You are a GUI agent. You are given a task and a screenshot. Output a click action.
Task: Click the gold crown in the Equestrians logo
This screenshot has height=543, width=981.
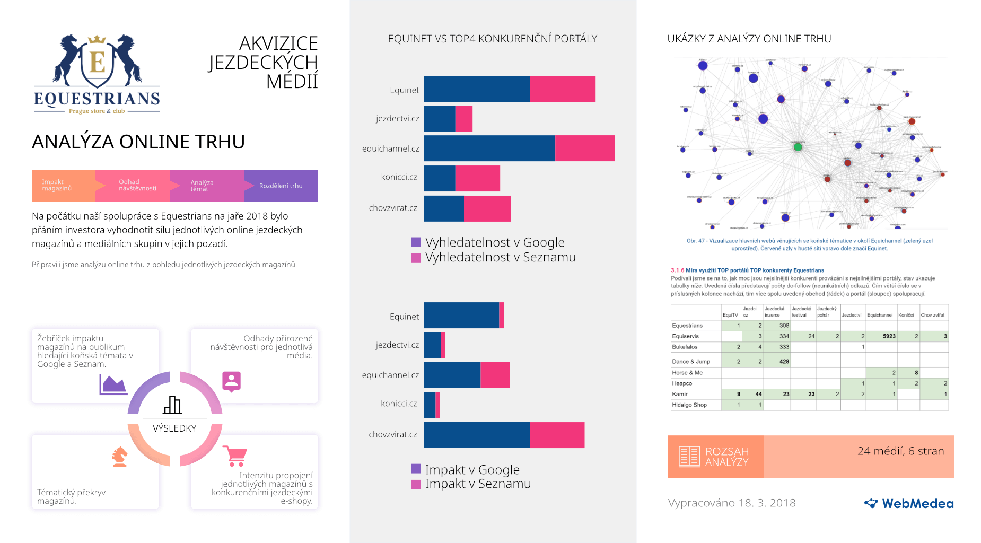pos(97,40)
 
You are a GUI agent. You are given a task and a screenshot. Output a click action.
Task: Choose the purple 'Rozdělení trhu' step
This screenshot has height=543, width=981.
pos(281,186)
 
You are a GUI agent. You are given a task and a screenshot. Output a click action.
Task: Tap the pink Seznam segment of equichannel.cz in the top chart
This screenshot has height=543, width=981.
pos(585,148)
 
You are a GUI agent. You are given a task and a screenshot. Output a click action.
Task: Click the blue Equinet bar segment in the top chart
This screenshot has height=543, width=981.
pos(477,89)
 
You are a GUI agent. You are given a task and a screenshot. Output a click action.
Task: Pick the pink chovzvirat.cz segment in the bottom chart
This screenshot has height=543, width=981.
pos(557,435)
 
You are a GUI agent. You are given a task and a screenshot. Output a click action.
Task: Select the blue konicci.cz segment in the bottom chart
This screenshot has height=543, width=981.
pos(430,405)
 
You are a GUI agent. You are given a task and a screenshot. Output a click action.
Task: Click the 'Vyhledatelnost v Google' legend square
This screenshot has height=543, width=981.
pos(416,242)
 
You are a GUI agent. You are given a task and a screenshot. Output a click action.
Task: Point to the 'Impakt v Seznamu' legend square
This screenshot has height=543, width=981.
pos(416,484)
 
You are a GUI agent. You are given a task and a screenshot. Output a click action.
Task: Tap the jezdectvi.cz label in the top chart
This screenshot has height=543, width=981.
pos(397,119)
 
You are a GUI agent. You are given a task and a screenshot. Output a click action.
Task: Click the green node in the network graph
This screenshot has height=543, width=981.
pos(798,147)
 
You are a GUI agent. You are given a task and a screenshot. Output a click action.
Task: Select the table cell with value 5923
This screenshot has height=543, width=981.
pos(889,336)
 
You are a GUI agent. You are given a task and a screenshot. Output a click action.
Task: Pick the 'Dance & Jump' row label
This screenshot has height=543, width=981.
pos(690,362)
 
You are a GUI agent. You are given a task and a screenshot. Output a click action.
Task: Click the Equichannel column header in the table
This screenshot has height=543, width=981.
pos(880,315)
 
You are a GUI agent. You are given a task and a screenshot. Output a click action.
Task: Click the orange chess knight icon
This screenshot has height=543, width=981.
pos(120,456)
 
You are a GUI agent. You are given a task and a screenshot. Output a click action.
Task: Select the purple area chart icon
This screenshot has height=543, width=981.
pos(113,384)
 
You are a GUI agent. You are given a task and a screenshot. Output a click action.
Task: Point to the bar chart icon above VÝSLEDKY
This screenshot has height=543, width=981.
pos(172,405)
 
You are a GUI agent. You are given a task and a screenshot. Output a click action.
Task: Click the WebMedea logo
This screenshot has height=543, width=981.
pos(909,503)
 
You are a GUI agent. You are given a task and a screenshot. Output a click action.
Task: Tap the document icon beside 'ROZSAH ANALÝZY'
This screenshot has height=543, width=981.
pos(689,457)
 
